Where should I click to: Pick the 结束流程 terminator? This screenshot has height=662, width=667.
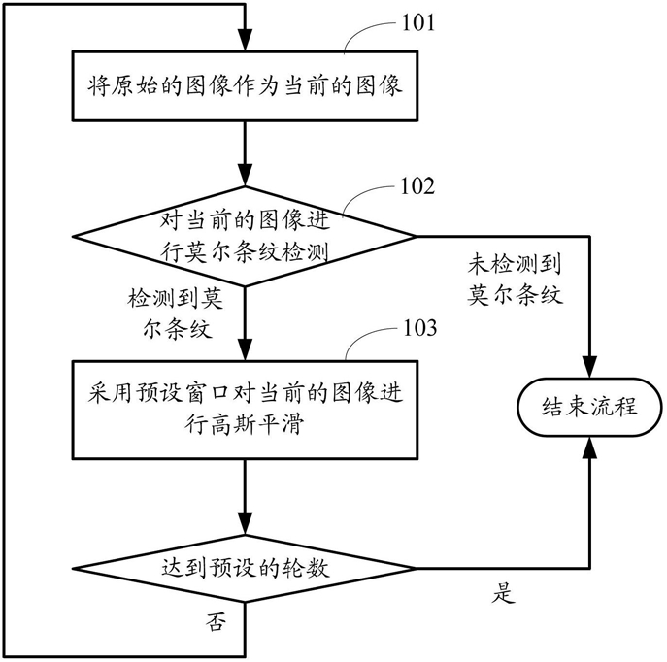click(589, 407)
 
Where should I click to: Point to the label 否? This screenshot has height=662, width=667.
click(216, 623)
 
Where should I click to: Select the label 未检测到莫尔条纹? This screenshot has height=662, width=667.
click(515, 280)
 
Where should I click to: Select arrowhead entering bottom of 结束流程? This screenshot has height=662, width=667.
click(589, 445)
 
